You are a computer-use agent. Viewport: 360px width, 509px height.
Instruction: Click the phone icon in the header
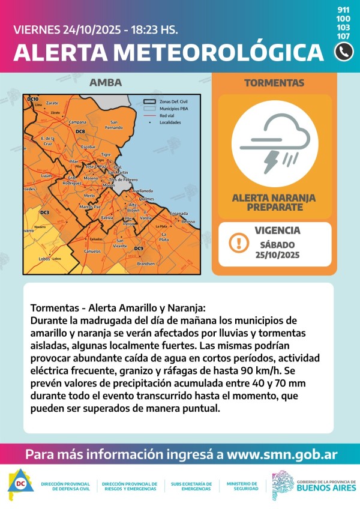click(344, 52)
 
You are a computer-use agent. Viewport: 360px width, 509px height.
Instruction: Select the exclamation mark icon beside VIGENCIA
click(239, 243)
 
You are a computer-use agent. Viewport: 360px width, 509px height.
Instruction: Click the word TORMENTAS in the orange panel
click(274, 83)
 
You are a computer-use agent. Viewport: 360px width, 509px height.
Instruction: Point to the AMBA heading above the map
click(106, 83)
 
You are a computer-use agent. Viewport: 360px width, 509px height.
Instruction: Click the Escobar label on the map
click(88, 146)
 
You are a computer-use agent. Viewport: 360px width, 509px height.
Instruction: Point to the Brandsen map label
click(146, 264)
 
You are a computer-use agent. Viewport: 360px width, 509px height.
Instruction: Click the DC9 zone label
click(139, 248)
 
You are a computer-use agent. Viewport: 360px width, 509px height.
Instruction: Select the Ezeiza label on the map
click(107, 217)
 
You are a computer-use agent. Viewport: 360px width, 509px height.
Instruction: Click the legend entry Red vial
click(167, 115)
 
